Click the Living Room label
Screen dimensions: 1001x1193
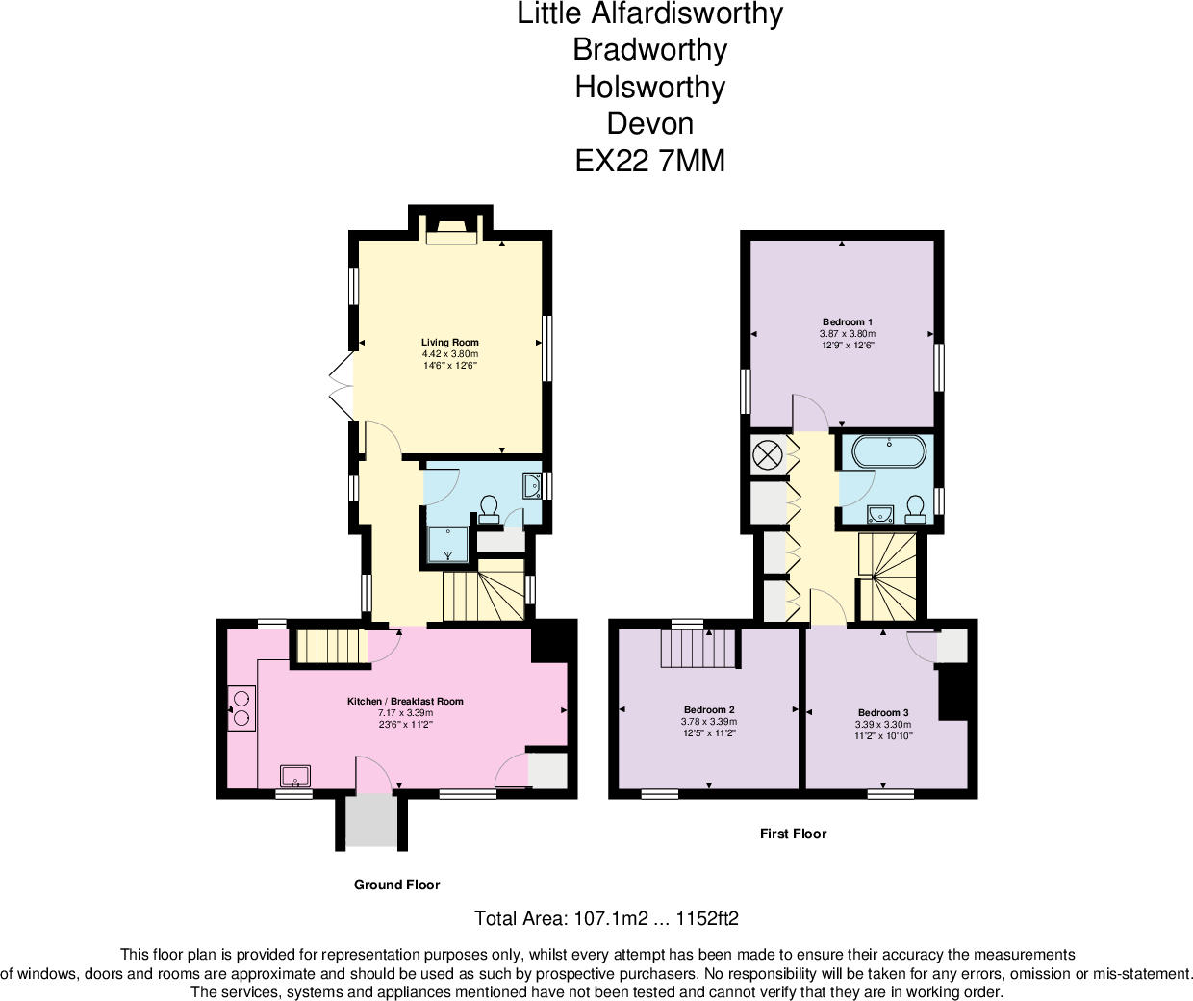point(449,343)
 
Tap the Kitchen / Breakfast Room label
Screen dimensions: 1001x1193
point(405,702)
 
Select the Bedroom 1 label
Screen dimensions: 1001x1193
point(848,322)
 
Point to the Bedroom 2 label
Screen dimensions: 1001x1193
point(709,710)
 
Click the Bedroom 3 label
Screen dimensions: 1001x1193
point(883,713)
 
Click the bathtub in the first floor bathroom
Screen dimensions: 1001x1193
point(889,451)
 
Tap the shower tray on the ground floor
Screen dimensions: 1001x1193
point(448,544)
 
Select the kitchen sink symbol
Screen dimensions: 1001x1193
point(295,776)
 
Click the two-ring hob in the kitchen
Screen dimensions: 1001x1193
point(241,707)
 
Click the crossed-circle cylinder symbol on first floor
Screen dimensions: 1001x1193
point(767,454)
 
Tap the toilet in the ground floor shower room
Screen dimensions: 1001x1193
point(489,507)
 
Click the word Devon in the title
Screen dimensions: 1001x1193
point(649,124)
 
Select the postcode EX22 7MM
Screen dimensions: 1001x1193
point(649,161)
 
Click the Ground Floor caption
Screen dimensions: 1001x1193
point(396,885)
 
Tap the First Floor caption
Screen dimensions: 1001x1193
point(793,834)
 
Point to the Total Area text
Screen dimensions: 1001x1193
point(606,918)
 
